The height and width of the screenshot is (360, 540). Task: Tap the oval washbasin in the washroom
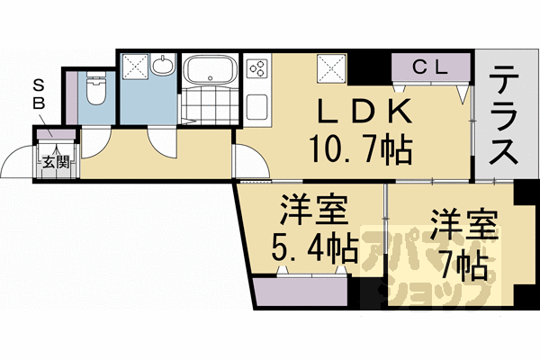click(163, 67)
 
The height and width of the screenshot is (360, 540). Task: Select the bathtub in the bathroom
click(210, 69)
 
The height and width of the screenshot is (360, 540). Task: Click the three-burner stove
click(256, 68)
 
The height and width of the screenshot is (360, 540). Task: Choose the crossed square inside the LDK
click(328, 66)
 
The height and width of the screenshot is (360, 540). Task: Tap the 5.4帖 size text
click(314, 244)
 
